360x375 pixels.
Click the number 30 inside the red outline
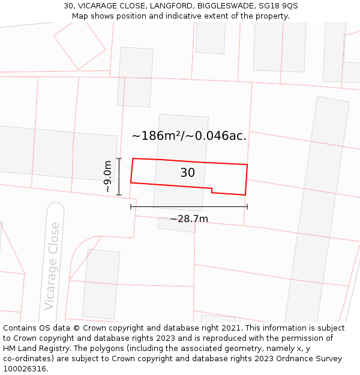click(x=187, y=173)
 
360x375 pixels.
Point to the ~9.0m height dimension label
click(x=107, y=176)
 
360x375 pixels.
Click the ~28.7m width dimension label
click(x=189, y=219)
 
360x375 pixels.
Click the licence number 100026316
click(x=25, y=369)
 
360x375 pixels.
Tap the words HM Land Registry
click(x=36, y=349)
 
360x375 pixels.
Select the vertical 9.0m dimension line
click(x=119, y=176)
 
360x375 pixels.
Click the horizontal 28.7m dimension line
click(x=189, y=207)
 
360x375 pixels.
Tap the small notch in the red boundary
click(x=212, y=191)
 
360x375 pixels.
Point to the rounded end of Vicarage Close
click(x=55, y=209)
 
